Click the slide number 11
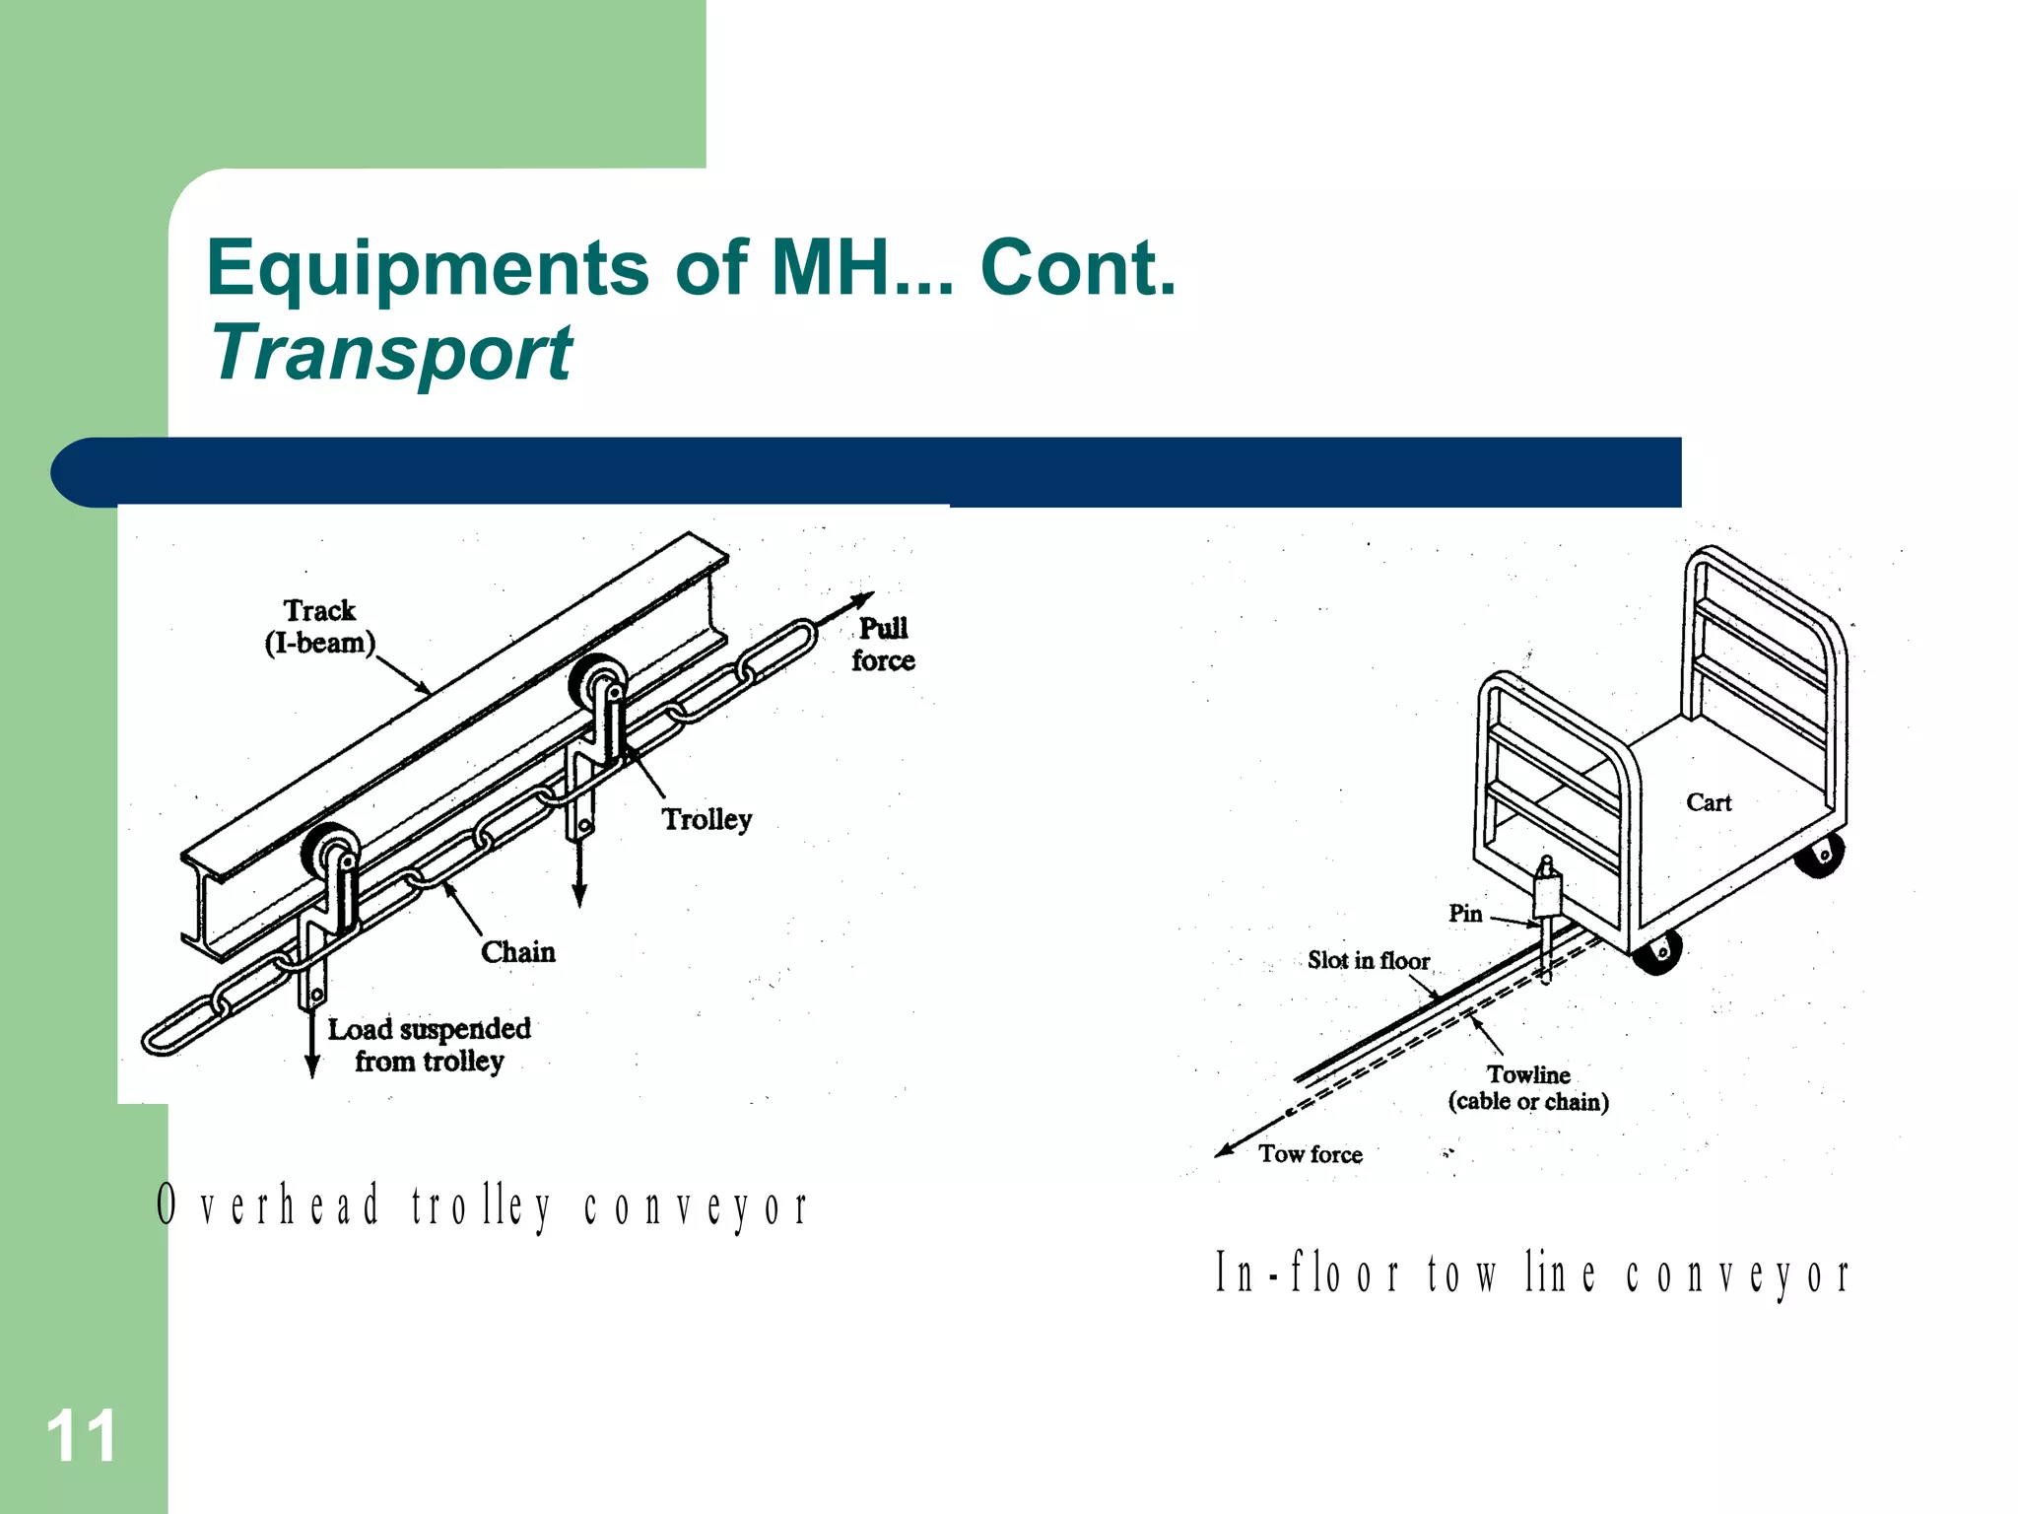(81, 1436)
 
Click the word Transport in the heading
(391, 353)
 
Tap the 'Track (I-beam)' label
(319, 627)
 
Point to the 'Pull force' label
(883, 645)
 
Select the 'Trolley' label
(706, 819)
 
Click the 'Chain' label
(517, 952)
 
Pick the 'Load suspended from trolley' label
(429, 1045)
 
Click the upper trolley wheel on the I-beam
(595, 680)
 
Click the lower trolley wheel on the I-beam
(327, 850)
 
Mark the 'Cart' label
(1708, 803)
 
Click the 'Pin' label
(1464, 914)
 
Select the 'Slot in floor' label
(1368, 961)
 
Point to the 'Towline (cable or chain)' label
(1528, 1088)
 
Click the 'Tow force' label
(1310, 1154)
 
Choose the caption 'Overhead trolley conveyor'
(483, 1206)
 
